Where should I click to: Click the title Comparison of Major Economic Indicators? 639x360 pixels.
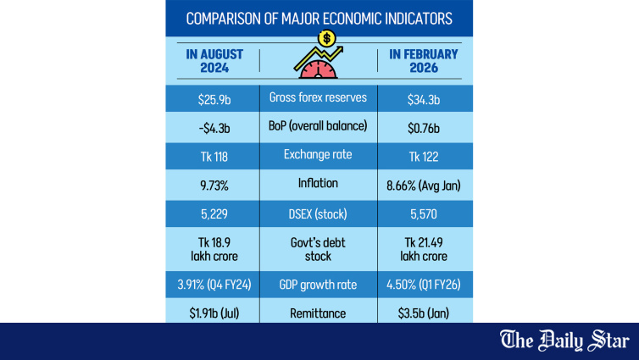pos(319,18)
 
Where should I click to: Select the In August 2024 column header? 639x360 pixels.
pos(214,62)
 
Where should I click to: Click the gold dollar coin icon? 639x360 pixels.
pos(327,38)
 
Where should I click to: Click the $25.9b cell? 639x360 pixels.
pos(214,97)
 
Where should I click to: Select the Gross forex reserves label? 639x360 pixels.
pos(318,97)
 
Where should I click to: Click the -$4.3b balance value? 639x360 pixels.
pos(214,126)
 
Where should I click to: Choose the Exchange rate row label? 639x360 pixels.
pos(318,155)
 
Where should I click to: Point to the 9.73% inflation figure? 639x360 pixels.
pos(214,184)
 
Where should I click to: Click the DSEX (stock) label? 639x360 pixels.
pos(318,213)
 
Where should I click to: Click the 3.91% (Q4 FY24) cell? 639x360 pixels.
pos(214,285)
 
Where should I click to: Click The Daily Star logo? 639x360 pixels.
pos(564,341)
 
